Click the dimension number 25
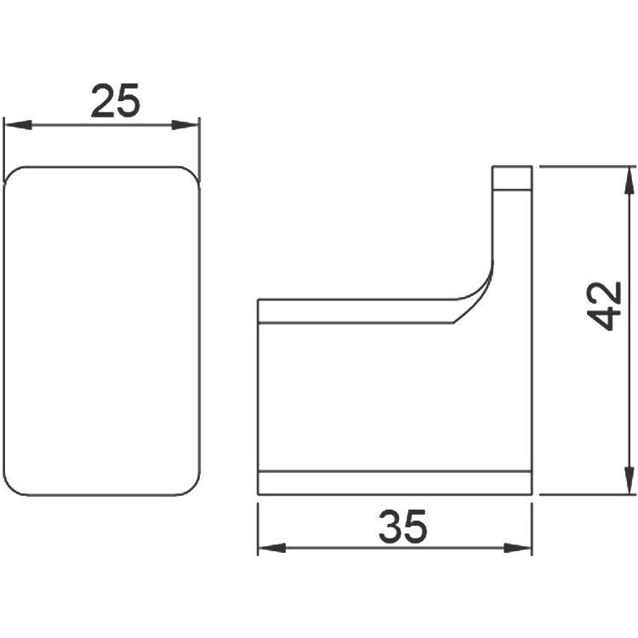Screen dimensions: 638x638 116,101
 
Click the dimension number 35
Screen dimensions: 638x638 403,527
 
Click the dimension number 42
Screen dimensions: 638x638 605,305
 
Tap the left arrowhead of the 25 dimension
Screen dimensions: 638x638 18,125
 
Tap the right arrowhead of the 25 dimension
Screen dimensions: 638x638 185,125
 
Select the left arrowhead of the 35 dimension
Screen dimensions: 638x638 272,548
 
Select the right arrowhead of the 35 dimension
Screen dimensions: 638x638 517,548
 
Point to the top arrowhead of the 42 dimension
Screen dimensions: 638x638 629,180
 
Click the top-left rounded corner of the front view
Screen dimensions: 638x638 10,174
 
